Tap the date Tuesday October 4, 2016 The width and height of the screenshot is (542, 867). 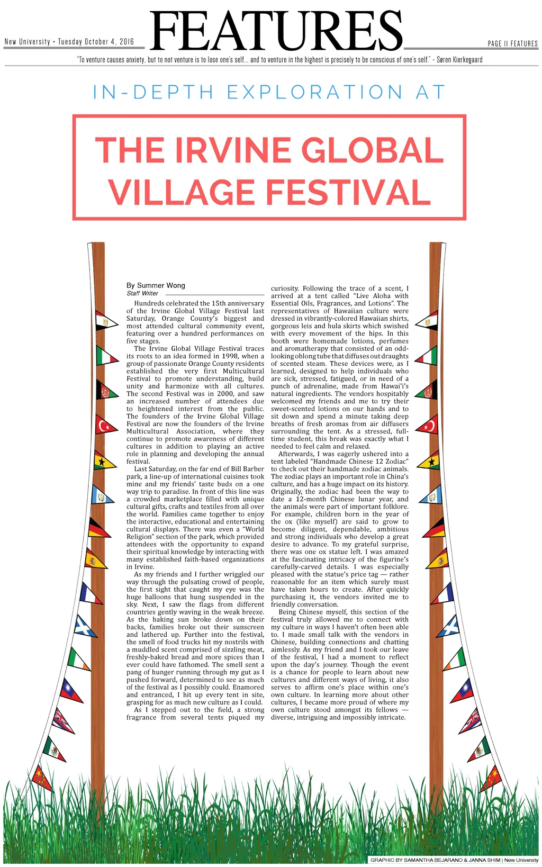click(96, 42)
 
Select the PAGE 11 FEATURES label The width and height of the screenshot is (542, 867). click(512, 44)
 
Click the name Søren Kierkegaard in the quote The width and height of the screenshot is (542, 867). click(459, 60)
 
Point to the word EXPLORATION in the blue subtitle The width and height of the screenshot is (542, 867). click(315, 93)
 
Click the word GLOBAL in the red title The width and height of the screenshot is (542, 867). click(373, 150)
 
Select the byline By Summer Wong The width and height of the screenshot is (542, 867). click(156, 285)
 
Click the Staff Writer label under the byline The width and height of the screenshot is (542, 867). click(142, 293)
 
